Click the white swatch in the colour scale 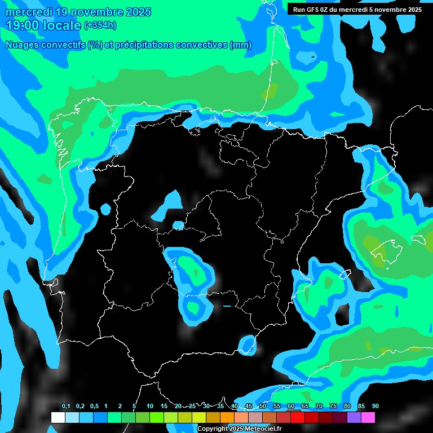point(58,417)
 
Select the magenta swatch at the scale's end point(368,417)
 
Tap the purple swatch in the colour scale point(354,417)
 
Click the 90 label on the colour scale point(375,407)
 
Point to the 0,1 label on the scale point(66,407)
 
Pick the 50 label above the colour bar point(263,407)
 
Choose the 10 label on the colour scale point(150,407)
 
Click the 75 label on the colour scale point(333,407)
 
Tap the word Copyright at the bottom point(213,429)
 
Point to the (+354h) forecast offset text point(100,25)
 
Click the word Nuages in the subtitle point(23,45)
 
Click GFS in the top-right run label point(313,10)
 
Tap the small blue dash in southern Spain point(227,306)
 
